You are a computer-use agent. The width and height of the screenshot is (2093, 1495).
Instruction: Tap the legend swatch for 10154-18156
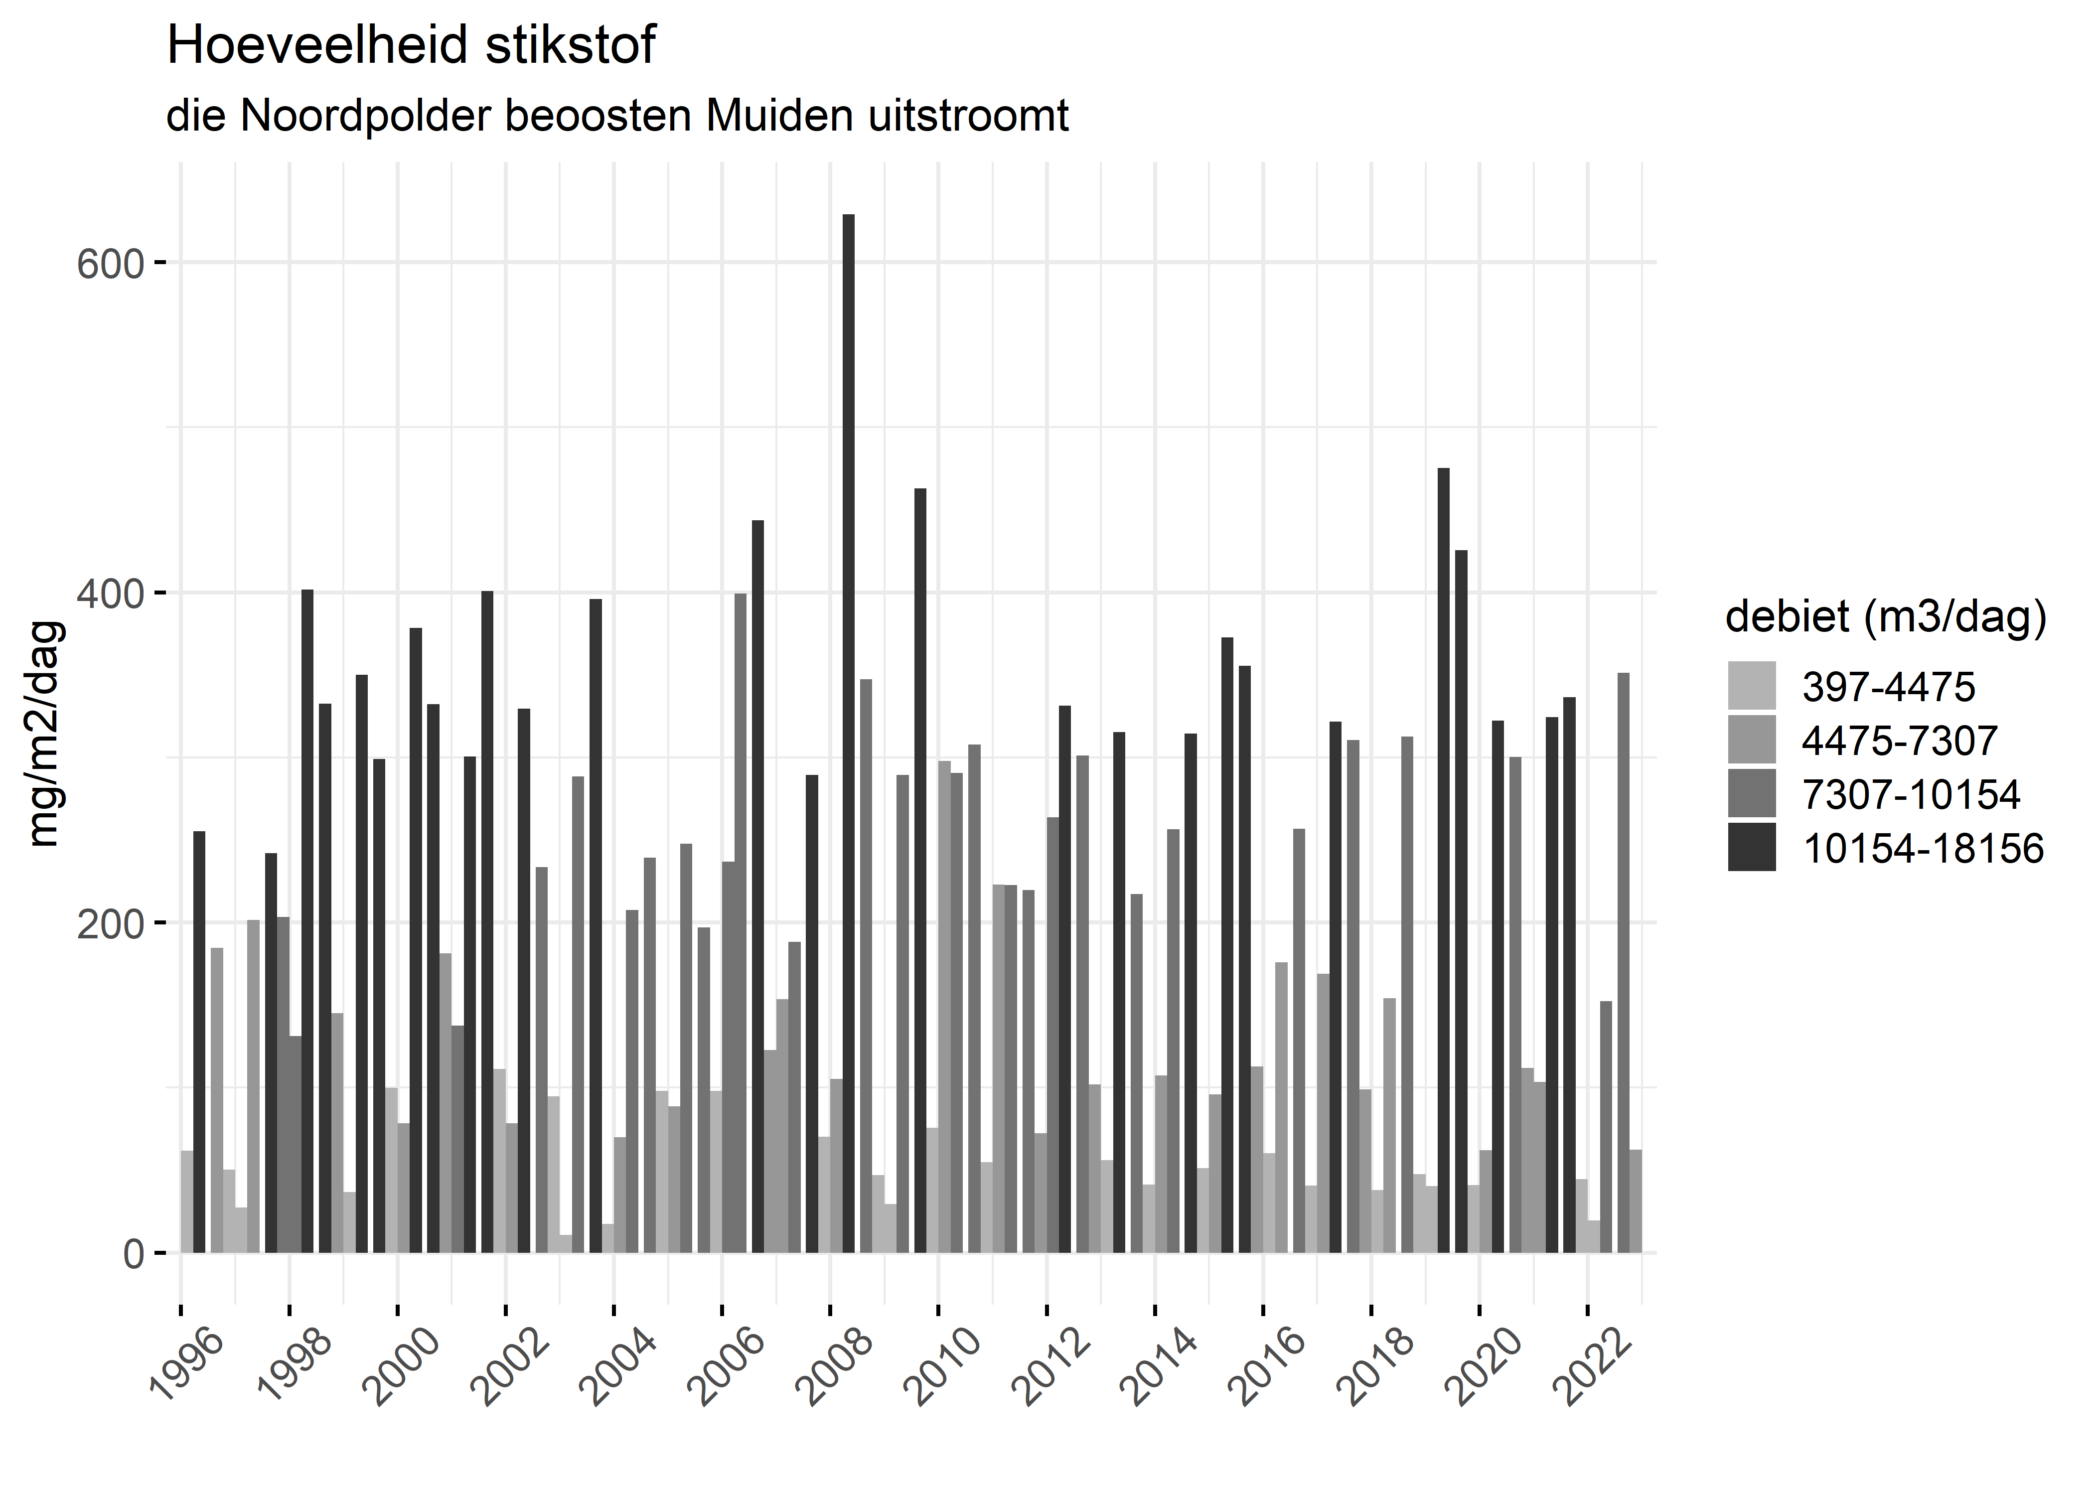[x=1752, y=848]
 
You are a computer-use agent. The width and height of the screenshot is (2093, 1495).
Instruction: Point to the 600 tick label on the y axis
[x=111, y=264]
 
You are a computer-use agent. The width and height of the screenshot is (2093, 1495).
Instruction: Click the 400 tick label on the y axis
[x=111, y=594]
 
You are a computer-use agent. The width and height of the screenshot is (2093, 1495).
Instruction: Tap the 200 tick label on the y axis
[x=111, y=923]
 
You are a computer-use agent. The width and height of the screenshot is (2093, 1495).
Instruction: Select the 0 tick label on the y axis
[x=134, y=1254]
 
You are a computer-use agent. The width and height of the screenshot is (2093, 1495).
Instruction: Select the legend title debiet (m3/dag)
[x=1886, y=617]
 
